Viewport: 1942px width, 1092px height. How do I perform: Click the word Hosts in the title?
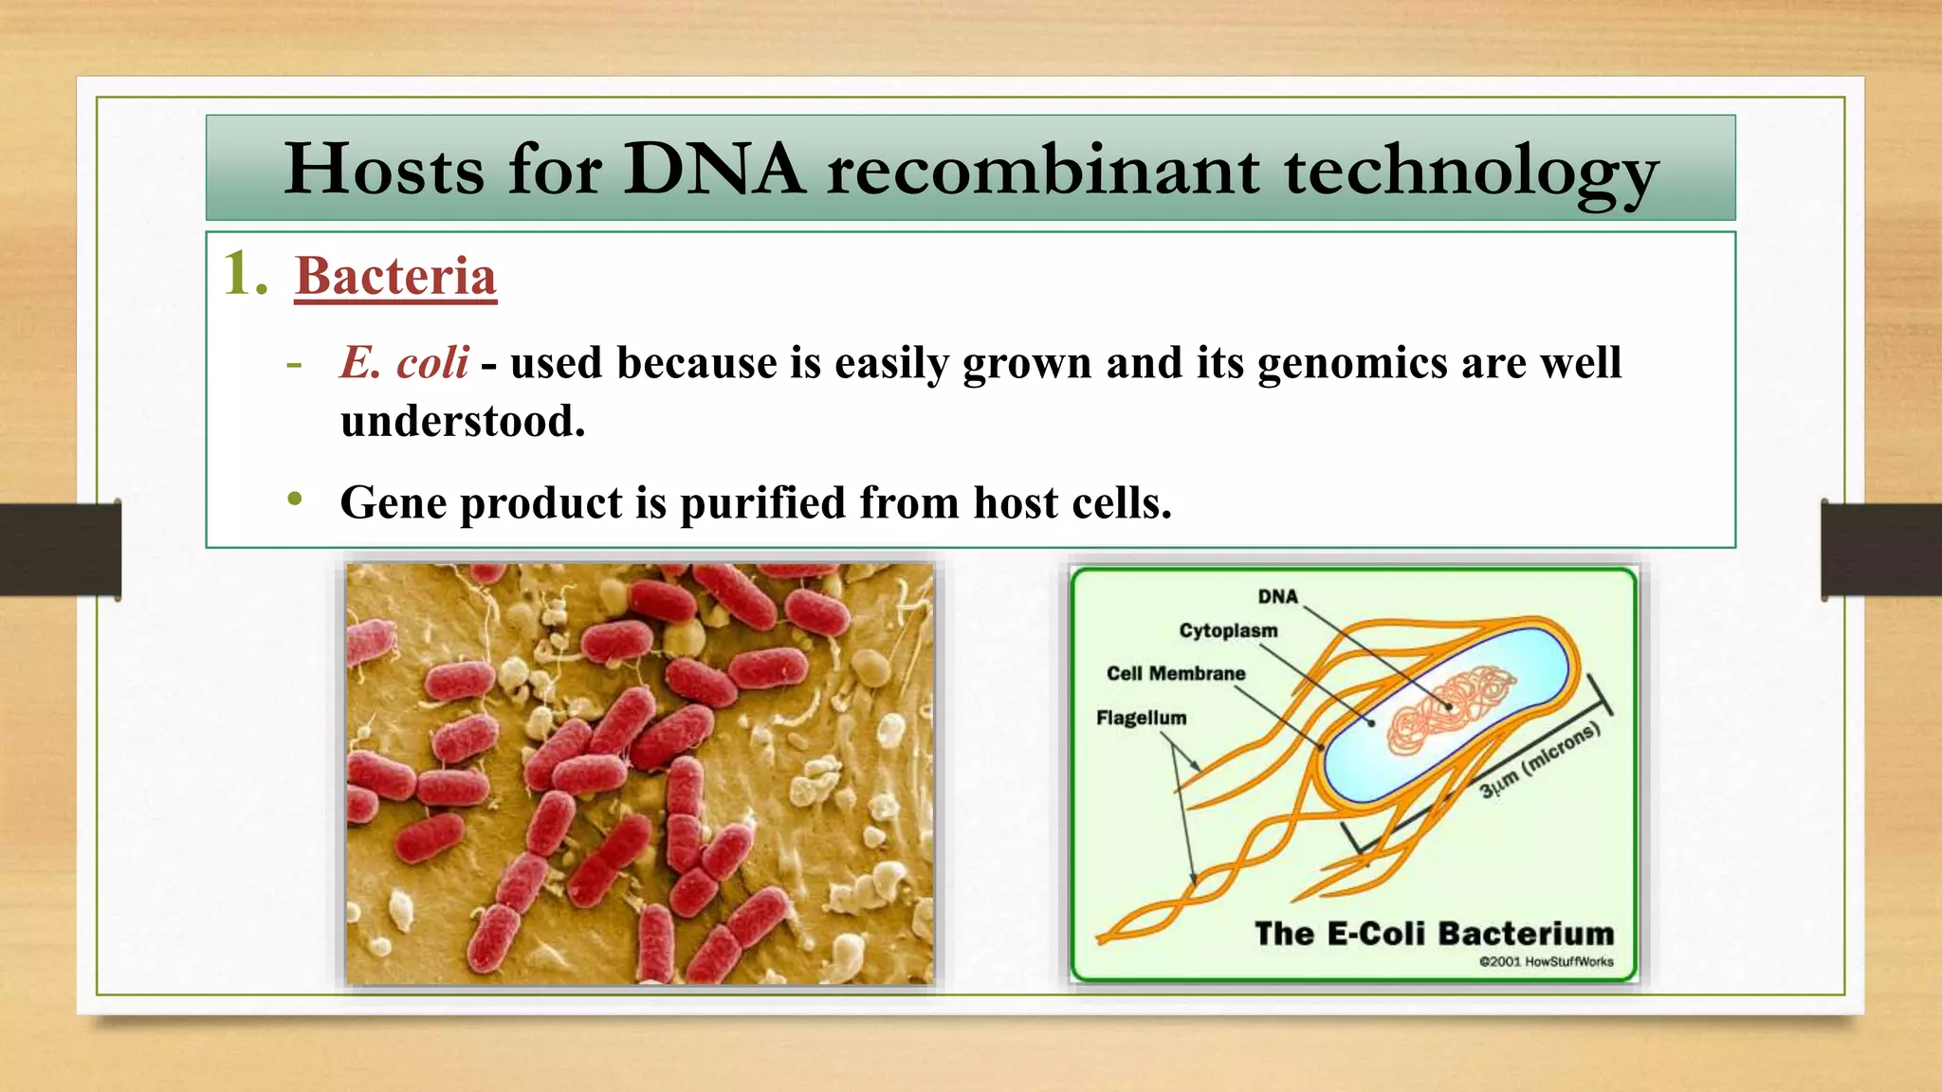pos(384,171)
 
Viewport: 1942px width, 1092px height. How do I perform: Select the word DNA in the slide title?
pos(714,171)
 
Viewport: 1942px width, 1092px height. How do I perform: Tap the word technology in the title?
pos(1471,173)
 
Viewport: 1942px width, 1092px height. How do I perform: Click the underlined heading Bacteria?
pos(395,277)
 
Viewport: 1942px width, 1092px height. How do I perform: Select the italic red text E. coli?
pos(405,363)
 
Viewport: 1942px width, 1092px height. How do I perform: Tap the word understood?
pos(463,422)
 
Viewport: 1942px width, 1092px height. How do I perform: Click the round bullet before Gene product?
pos(295,499)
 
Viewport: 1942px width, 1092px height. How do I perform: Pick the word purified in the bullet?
pos(762,502)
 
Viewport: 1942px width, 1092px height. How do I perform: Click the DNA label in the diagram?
pos(1277,596)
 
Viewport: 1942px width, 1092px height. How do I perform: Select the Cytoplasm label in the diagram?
pos(1228,630)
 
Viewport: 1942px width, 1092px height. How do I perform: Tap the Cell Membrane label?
pos(1176,673)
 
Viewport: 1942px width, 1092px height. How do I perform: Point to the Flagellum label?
pos(1141,718)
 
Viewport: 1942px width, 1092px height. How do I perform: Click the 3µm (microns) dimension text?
pos(1540,759)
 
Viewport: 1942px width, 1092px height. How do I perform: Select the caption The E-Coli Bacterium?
pos(1434,934)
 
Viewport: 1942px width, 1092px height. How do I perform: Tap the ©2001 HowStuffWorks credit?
pos(1546,961)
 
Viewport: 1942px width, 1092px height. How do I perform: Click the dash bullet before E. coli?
pos(295,364)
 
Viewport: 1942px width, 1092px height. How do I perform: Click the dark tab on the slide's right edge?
pos(1880,550)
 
